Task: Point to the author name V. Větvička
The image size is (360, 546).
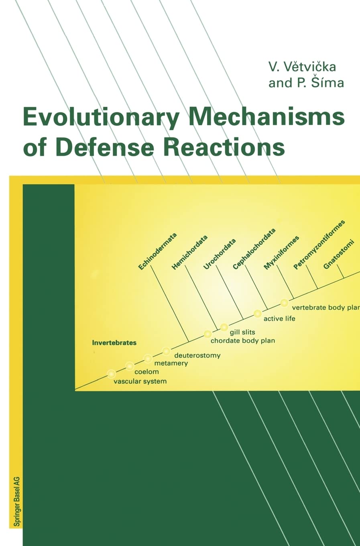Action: (x=302, y=66)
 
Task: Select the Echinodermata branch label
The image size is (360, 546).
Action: (x=157, y=251)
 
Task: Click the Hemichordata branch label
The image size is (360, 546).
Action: (x=189, y=252)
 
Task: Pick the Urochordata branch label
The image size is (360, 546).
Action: (x=219, y=254)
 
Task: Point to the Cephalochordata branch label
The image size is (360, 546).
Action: (x=254, y=249)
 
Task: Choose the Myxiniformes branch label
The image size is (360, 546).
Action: (x=281, y=253)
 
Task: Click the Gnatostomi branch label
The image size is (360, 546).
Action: (x=339, y=254)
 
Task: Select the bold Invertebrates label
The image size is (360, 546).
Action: (x=114, y=343)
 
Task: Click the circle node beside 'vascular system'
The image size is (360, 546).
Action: (x=112, y=374)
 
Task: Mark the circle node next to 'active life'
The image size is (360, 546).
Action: (x=258, y=313)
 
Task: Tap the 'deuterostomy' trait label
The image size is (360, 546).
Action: (x=197, y=355)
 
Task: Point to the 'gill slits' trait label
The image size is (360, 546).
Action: (x=242, y=332)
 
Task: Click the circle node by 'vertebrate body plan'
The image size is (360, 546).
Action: (x=284, y=303)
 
